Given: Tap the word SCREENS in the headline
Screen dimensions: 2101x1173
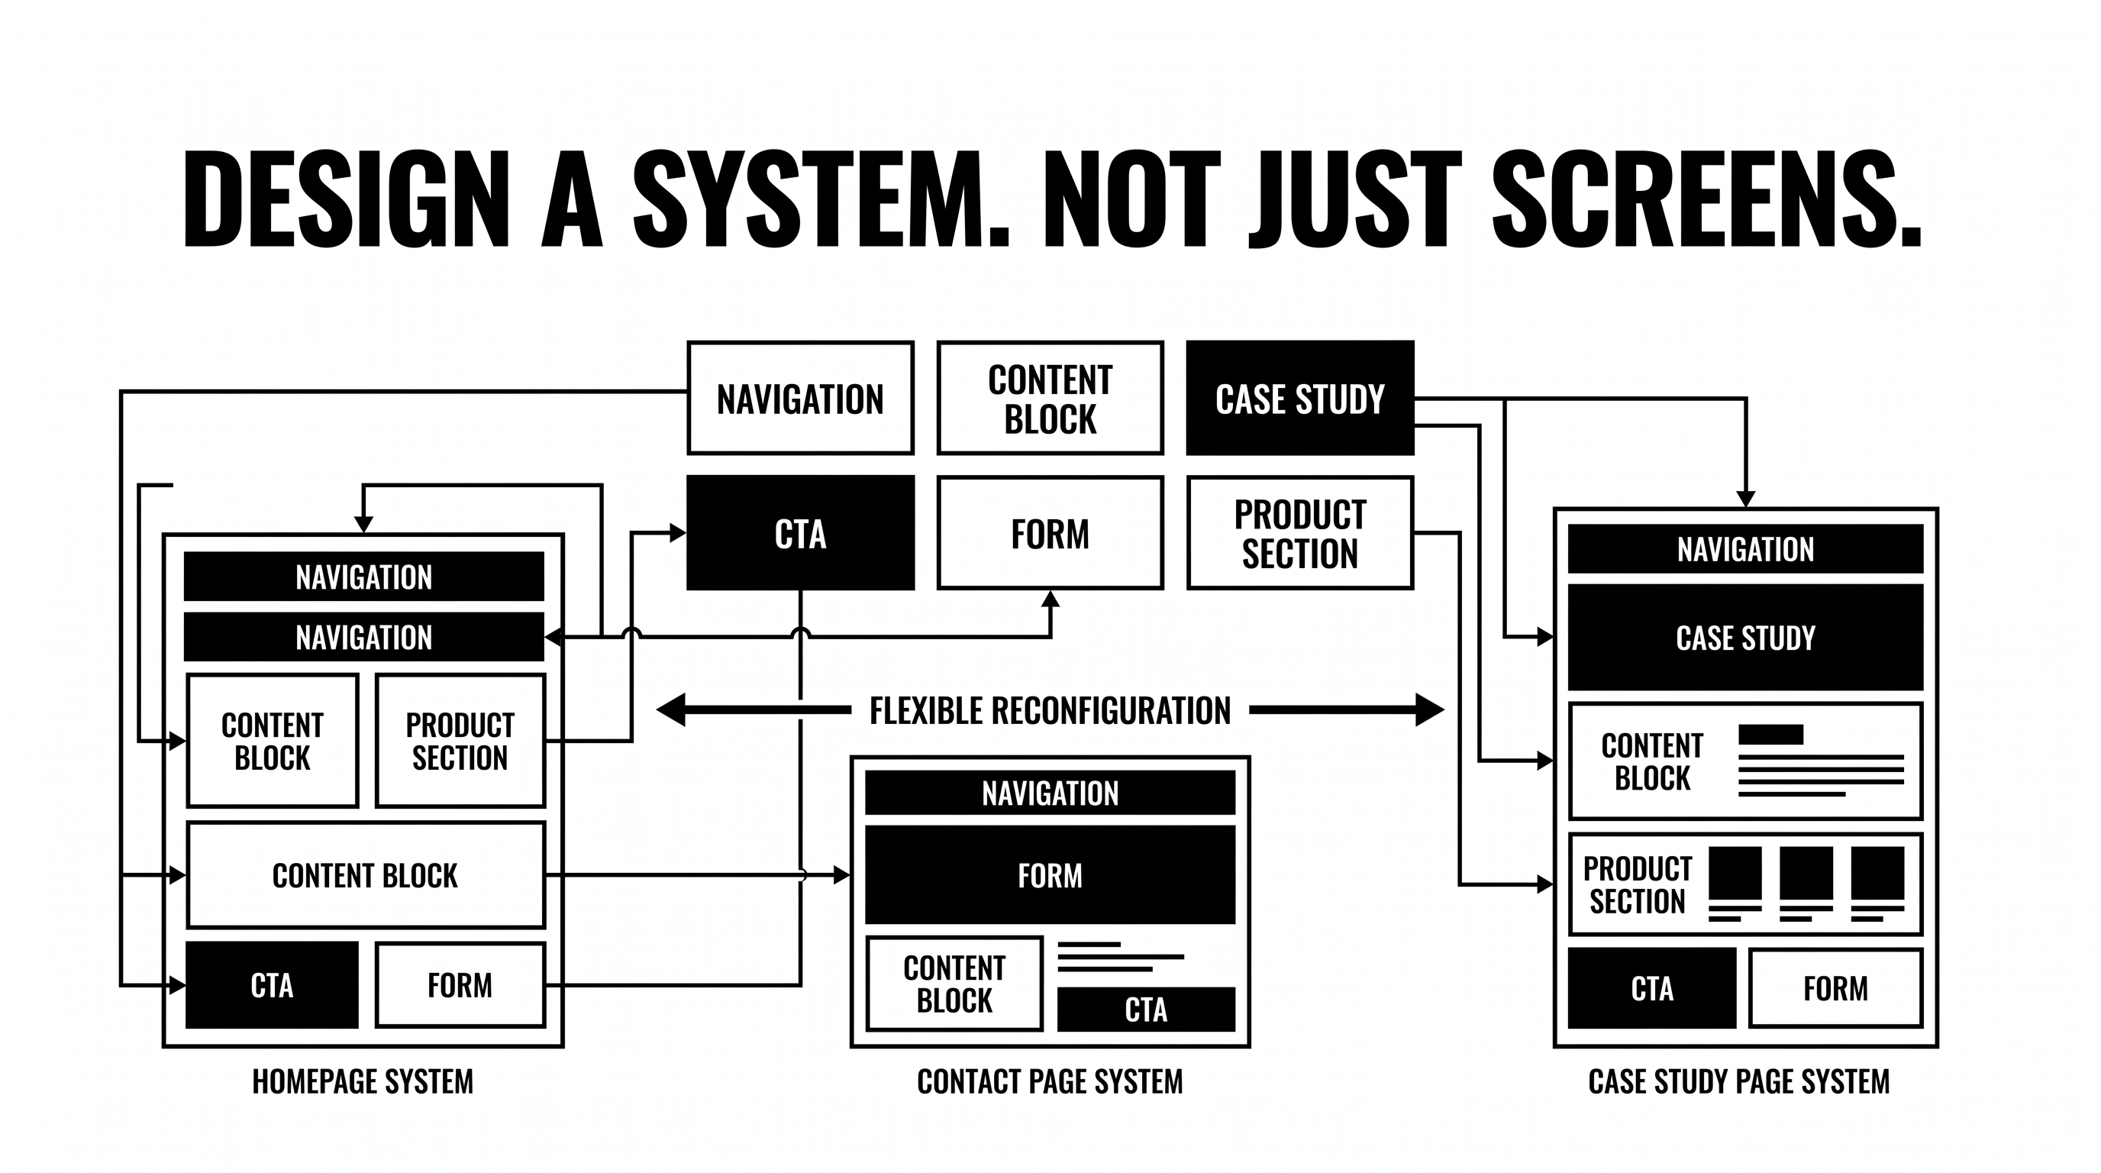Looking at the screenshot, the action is click(x=1707, y=199).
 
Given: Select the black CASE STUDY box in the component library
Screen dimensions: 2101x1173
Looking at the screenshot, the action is click(x=1300, y=398).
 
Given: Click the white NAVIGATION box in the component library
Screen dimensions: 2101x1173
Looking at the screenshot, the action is click(x=800, y=398).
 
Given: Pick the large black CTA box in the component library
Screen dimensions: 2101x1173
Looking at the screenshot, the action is click(x=800, y=533).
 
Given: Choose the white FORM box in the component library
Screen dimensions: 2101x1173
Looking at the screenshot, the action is click(x=1050, y=533).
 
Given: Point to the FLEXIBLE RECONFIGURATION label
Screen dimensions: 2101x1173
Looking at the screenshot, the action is click(x=1050, y=710).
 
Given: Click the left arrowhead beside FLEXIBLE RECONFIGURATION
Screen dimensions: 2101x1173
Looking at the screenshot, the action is click(x=671, y=709).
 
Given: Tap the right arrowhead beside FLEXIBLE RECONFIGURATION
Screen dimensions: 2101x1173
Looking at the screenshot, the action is click(x=1430, y=709).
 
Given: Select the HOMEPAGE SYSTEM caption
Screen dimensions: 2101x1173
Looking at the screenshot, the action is click(x=363, y=1081).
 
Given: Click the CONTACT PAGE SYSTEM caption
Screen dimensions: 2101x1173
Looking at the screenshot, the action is click(x=1050, y=1081).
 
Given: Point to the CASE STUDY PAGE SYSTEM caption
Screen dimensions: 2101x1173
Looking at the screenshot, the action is click(x=1739, y=1081).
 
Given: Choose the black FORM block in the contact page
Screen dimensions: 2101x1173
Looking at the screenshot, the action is click(x=1050, y=875).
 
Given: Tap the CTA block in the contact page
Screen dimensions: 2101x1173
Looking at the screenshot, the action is click(x=1146, y=1010).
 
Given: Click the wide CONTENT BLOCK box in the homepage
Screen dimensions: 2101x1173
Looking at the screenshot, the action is click(x=366, y=875).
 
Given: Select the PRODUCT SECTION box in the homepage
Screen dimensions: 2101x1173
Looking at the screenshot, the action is click(x=460, y=741).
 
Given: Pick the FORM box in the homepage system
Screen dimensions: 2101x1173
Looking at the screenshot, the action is click(x=460, y=985).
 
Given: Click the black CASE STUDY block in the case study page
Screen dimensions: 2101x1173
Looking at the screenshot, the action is click(x=1745, y=638).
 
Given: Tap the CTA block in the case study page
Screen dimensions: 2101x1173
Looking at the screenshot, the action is click(x=1652, y=988).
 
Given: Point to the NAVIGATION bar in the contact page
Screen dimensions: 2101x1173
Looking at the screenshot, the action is click(x=1050, y=793).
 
